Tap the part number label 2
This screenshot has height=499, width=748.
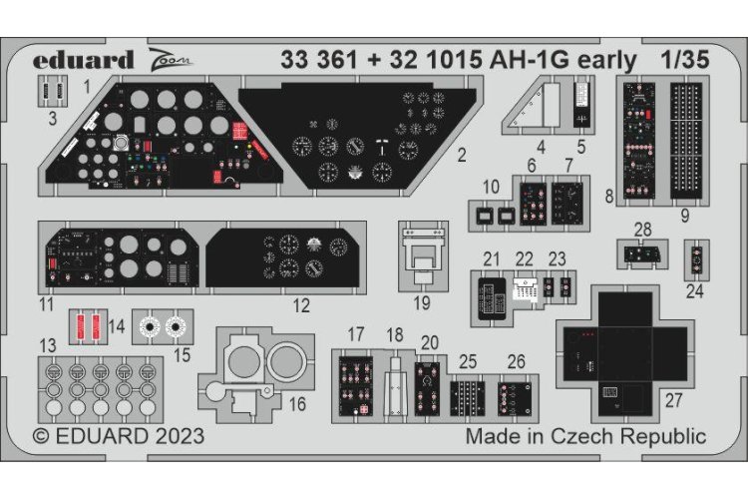pyautogui.click(x=460, y=155)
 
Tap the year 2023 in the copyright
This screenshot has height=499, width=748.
pyautogui.click(x=179, y=436)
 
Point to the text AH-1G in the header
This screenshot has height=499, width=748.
pyautogui.click(x=573, y=61)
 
